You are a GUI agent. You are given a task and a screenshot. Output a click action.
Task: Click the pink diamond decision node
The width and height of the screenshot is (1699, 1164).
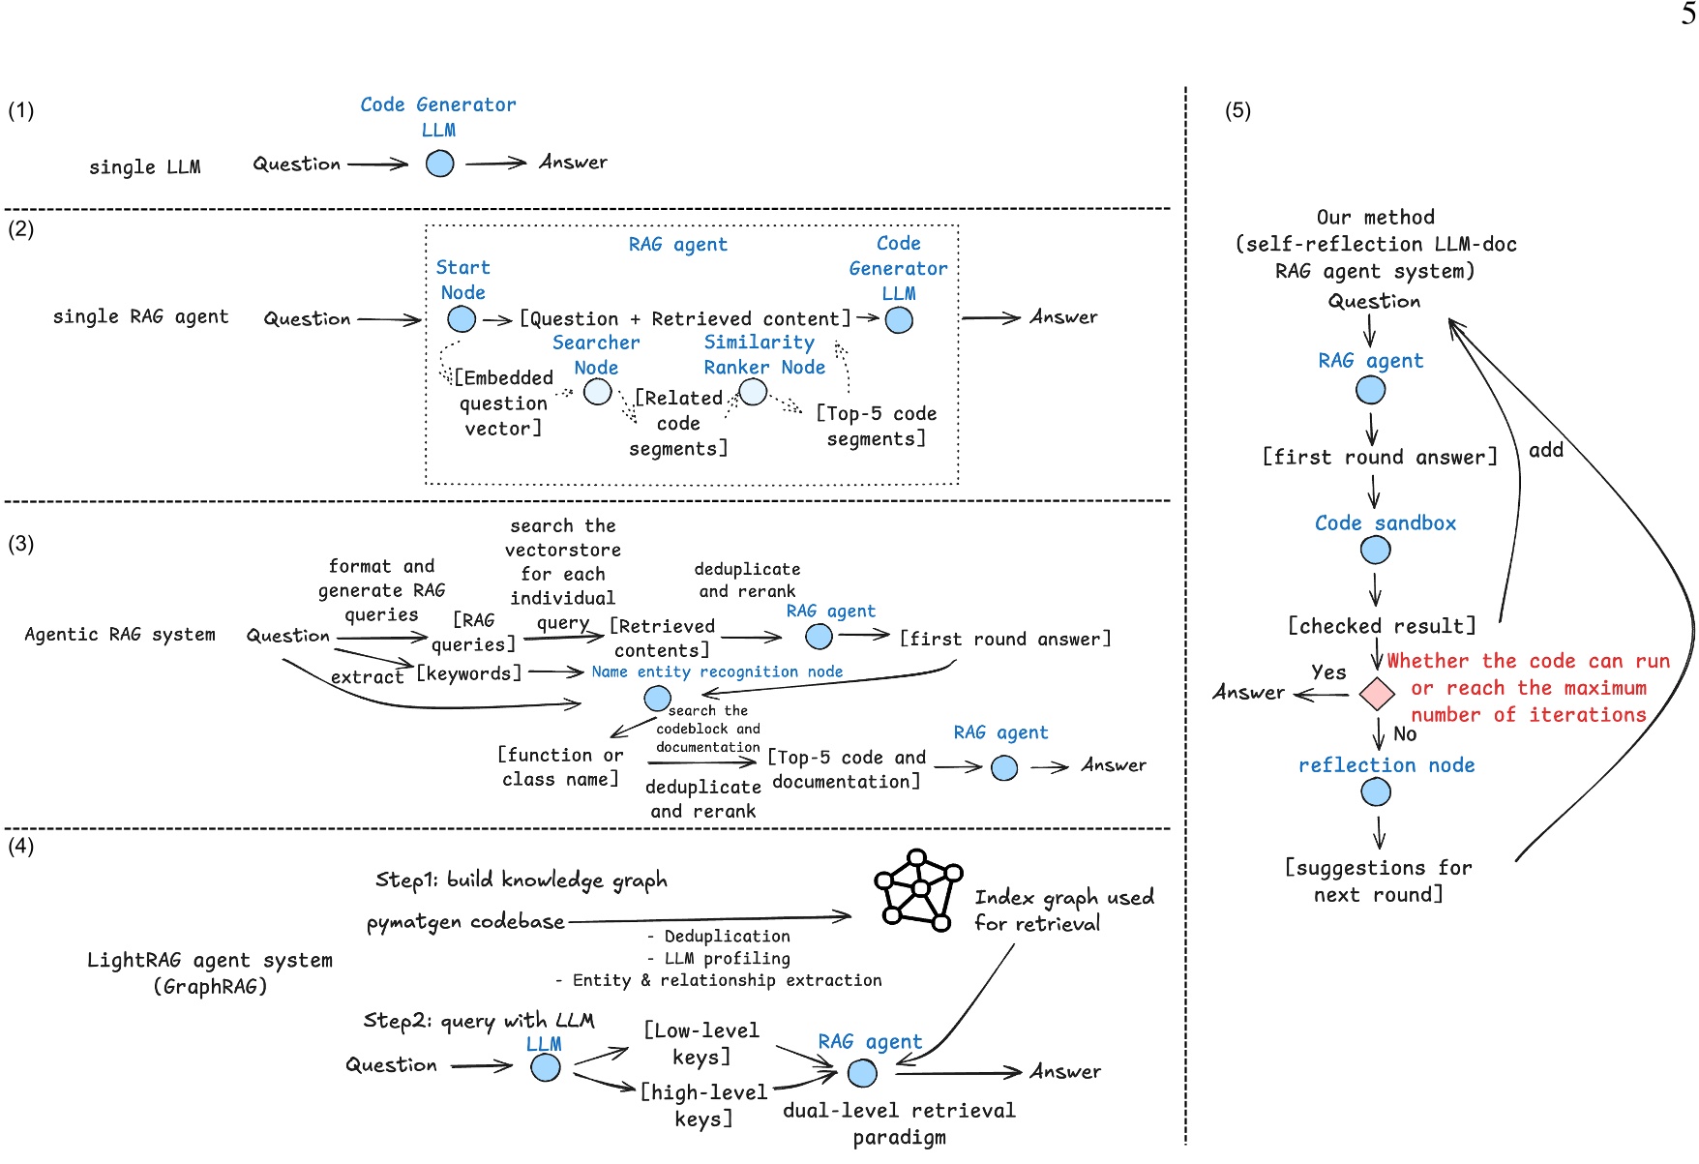[1376, 693]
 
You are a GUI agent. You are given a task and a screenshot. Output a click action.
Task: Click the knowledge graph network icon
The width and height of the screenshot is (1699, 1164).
[917, 890]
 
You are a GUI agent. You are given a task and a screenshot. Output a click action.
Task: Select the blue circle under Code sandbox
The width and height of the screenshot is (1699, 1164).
[1375, 551]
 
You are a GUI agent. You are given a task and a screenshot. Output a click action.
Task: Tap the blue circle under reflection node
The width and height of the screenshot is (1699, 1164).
[1375, 792]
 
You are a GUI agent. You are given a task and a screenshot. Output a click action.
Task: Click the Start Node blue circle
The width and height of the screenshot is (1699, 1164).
[462, 319]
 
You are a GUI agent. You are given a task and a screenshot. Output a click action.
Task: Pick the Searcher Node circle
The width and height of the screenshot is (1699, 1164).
[598, 392]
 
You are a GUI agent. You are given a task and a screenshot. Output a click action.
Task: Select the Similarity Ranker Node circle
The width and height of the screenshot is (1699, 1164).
[753, 392]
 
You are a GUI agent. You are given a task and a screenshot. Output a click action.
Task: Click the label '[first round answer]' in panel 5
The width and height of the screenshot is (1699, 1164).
[1379, 457]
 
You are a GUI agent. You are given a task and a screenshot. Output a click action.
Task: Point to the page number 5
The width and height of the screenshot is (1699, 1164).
[1687, 14]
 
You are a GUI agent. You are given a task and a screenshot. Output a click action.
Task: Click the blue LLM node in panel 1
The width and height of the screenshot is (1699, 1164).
[440, 164]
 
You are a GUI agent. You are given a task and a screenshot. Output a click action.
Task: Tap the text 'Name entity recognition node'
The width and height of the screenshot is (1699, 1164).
[717, 672]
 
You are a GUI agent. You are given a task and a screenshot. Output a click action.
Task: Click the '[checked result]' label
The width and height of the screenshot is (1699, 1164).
[1381, 626]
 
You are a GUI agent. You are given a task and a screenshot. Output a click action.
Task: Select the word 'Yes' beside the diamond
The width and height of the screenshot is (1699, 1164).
[1328, 672]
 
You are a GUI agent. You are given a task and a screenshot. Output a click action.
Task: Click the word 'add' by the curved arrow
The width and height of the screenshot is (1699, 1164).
[1545, 450]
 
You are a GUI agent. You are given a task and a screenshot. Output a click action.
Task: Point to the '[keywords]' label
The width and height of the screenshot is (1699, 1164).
[469, 672]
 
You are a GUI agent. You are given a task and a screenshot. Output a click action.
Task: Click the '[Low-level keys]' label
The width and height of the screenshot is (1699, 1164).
[701, 1043]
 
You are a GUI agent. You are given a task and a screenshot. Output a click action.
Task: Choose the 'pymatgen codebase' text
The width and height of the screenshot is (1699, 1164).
[465, 922]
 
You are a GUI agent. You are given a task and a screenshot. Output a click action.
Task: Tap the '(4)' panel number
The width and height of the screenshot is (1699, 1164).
[20, 847]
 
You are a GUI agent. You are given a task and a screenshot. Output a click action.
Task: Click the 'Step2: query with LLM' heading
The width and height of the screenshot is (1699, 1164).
[479, 1020]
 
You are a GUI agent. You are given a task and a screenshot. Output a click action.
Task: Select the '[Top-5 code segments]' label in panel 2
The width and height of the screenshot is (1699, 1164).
[876, 426]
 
